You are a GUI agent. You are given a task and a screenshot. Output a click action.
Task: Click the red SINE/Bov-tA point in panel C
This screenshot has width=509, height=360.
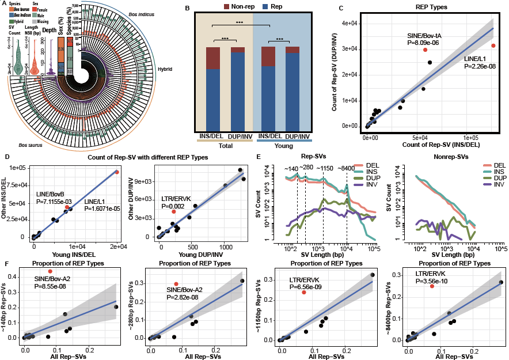[425, 50]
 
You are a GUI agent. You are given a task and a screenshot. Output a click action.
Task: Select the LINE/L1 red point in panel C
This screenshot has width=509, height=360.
[493, 46]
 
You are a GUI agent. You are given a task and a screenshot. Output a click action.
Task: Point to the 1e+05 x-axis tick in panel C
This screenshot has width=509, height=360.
[472, 138]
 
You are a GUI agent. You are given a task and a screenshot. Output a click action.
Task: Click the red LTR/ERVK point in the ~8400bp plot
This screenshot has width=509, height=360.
[432, 286]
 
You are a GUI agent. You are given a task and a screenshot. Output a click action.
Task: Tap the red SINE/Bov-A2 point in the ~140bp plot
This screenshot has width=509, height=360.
[51, 271]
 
